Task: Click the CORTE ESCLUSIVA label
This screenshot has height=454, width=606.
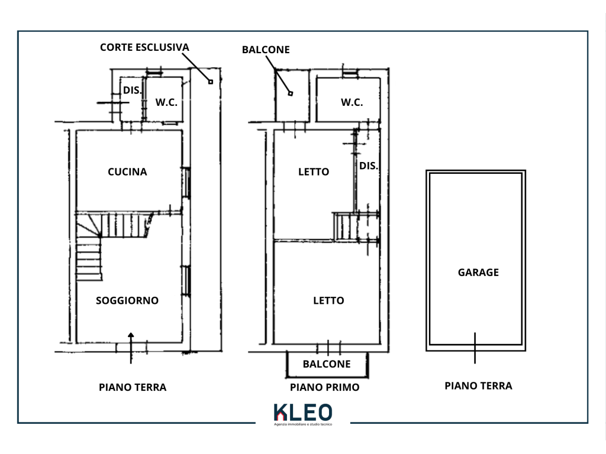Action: [144, 47]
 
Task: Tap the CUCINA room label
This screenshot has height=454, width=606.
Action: [127, 172]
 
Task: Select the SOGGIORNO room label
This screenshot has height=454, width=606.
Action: [127, 300]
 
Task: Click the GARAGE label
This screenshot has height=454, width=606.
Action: [478, 273]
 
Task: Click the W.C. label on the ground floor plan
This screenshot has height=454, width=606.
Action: [166, 102]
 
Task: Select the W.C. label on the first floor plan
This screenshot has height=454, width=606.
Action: [352, 102]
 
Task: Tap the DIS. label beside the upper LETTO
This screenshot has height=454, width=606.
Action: [368, 166]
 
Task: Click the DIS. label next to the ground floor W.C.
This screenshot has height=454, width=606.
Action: [132, 90]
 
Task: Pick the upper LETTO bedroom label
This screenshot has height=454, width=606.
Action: [314, 172]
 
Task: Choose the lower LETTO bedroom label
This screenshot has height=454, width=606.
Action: [328, 300]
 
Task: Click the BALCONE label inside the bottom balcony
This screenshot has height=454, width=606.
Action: [327, 364]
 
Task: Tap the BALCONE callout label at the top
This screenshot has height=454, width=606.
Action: [266, 50]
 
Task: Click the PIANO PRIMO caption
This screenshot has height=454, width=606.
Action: [325, 387]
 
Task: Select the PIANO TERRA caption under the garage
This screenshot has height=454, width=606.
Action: [478, 385]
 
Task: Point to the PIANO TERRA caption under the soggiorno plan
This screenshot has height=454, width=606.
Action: [133, 387]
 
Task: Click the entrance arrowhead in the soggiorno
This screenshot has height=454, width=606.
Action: [131, 335]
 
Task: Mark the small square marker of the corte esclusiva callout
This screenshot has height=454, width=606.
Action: [211, 82]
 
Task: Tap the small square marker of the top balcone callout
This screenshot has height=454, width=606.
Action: [291, 93]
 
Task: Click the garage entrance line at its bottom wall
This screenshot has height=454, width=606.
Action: [475, 348]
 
